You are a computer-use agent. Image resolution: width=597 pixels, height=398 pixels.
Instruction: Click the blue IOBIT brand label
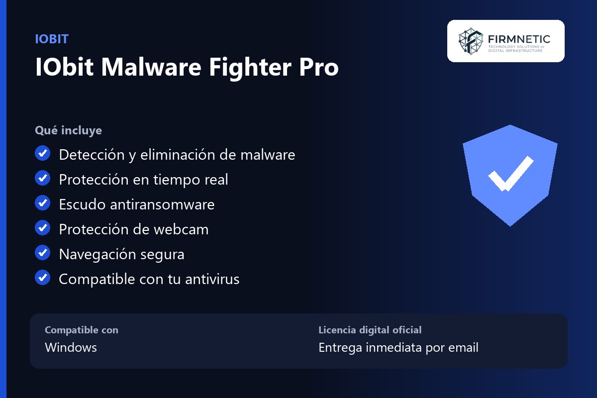click(52, 39)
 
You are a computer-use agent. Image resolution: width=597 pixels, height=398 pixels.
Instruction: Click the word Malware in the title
click(151, 67)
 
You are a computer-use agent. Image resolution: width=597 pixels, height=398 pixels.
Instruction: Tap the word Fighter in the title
click(249, 68)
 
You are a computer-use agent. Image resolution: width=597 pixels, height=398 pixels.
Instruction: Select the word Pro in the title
click(319, 68)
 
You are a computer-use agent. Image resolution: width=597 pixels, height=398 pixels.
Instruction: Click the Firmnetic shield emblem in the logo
click(471, 41)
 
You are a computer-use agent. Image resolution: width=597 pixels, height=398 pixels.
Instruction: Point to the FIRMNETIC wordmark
click(519, 39)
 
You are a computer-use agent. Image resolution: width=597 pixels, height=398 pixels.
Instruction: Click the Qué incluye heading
click(68, 131)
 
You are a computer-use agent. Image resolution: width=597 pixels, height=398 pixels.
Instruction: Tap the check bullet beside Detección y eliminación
click(42, 153)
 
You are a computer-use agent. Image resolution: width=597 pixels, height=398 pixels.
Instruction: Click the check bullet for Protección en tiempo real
click(42, 178)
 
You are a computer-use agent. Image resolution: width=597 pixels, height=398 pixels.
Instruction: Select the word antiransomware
click(162, 204)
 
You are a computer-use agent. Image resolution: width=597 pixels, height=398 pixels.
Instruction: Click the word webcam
click(181, 229)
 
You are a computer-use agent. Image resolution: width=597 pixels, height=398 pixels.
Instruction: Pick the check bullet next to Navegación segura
click(42, 253)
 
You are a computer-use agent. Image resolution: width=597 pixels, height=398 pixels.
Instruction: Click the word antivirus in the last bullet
click(212, 279)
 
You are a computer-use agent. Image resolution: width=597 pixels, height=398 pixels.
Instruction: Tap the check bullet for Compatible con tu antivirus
click(42, 278)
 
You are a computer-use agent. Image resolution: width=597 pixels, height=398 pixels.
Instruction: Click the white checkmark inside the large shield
click(510, 174)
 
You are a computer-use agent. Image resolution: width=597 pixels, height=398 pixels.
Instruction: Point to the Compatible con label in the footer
click(82, 330)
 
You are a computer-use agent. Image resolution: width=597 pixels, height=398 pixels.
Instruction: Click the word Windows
click(71, 347)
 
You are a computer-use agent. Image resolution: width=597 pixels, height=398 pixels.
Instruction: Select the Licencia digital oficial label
click(370, 330)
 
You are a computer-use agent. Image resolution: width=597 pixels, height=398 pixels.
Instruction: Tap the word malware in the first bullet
click(268, 155)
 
